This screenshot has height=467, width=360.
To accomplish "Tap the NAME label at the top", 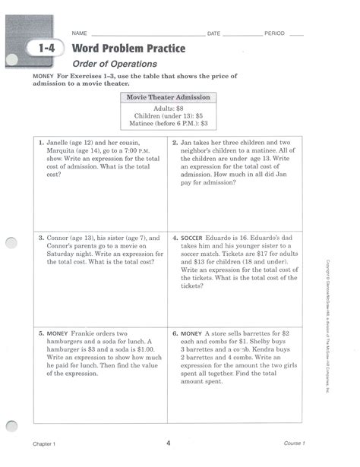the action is (81, 35).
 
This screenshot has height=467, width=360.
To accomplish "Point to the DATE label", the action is (213, 35).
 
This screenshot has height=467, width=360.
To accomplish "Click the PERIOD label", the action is (274, 35).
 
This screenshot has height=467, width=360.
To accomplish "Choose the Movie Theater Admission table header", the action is (168, 98).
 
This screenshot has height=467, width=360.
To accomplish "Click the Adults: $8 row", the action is (168, 109).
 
